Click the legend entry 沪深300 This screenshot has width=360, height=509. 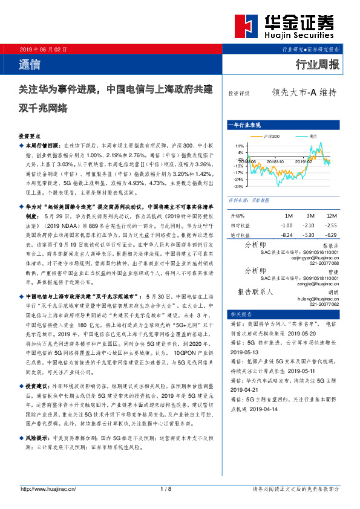point(270,137)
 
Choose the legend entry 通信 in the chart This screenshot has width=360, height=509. point(312,137)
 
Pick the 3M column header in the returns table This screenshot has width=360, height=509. point(310,216)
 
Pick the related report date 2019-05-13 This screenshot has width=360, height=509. point(244,351)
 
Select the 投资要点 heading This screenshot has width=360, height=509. point(30,137)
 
